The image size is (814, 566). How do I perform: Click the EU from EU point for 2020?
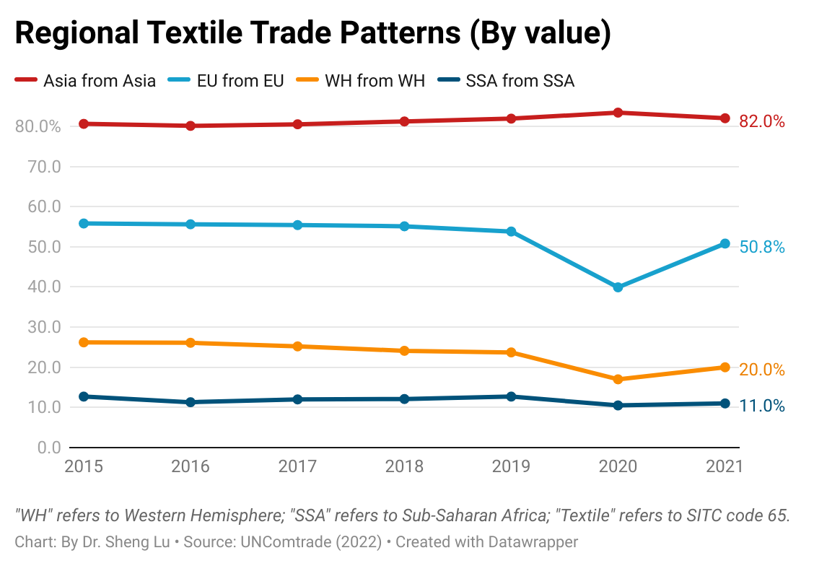click(x=618, y=287)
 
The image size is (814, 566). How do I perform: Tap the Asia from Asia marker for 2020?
click(x=618, y=113)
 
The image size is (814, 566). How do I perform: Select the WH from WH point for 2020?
click(x=618, y=379)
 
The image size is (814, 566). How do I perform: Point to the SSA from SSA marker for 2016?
click(x=191, y=402)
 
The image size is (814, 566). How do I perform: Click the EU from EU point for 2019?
click(x=511, y=232)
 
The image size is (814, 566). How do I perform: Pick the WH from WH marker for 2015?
click(x=84, y=342)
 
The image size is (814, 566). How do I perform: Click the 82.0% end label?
click(x=761, y=122)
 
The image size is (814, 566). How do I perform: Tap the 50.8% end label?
click(x=761, y=248)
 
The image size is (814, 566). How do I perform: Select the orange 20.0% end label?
click(x=761, y=370)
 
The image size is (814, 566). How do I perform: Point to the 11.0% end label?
click(x=761, y=406)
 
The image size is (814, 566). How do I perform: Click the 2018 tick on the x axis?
click(x=404, y=466)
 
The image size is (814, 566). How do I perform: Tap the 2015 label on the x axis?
click(x=84, y=466)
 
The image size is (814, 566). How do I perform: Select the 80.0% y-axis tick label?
click(x=37, y=126)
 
